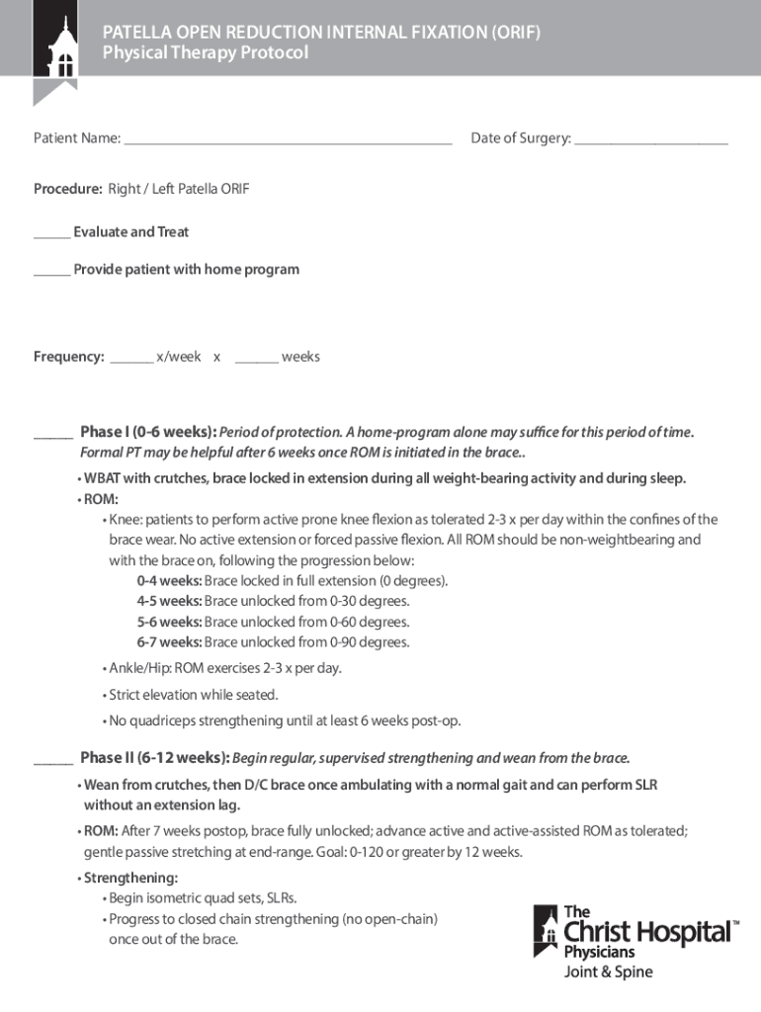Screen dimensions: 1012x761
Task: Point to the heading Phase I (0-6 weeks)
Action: coord(148,432)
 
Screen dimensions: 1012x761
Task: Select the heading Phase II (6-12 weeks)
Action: coord(155,758)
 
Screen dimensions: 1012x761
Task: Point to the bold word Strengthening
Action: coord(130,878)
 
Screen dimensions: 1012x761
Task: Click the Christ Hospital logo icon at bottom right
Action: coord(547,932)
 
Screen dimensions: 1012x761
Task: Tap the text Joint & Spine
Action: coord(608,971)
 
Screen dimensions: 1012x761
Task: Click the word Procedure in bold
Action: coord(67,189)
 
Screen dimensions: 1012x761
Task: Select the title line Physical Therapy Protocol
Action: coord(206,53)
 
